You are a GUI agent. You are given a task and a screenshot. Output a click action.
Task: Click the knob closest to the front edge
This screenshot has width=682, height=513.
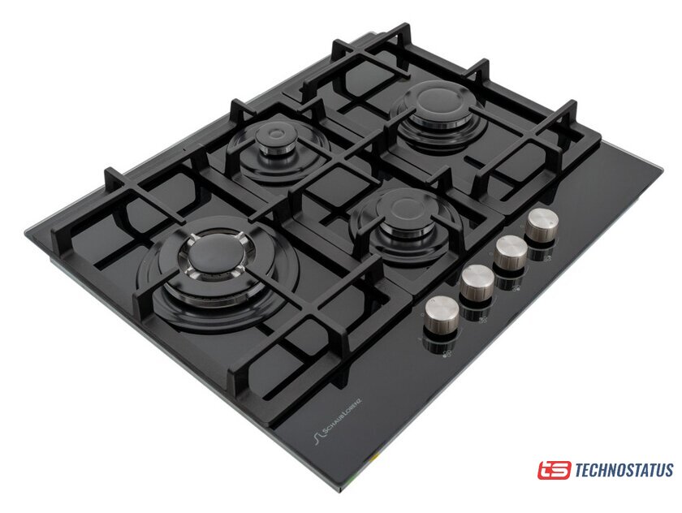point(441,314)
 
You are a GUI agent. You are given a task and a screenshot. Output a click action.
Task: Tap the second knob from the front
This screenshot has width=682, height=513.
point(477,283)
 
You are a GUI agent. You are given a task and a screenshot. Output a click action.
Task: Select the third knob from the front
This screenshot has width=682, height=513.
point(511,252)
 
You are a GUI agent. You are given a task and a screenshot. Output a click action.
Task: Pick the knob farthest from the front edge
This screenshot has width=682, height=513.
point(541,224)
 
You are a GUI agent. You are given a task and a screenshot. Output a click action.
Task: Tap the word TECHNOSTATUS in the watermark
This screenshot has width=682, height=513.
point(624,471)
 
